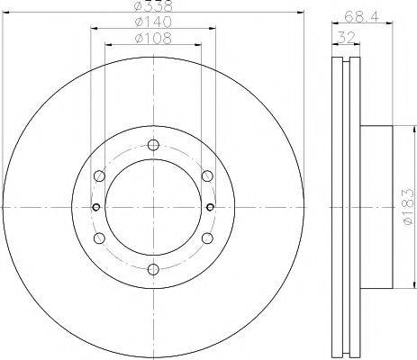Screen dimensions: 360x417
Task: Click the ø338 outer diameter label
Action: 151,7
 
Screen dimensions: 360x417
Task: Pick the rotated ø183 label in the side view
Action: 407,208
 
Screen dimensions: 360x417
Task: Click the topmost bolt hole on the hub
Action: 152,146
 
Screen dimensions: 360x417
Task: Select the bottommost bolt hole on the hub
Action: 152,268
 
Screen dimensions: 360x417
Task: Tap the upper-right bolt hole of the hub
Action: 206,176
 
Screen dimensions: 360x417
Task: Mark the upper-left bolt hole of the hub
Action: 99,176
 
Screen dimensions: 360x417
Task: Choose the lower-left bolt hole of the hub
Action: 99,238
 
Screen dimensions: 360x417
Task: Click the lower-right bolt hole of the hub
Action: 206,238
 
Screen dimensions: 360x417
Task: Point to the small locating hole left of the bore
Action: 95,207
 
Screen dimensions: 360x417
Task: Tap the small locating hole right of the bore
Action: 210,207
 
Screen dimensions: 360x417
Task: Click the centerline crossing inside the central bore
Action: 152,207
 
